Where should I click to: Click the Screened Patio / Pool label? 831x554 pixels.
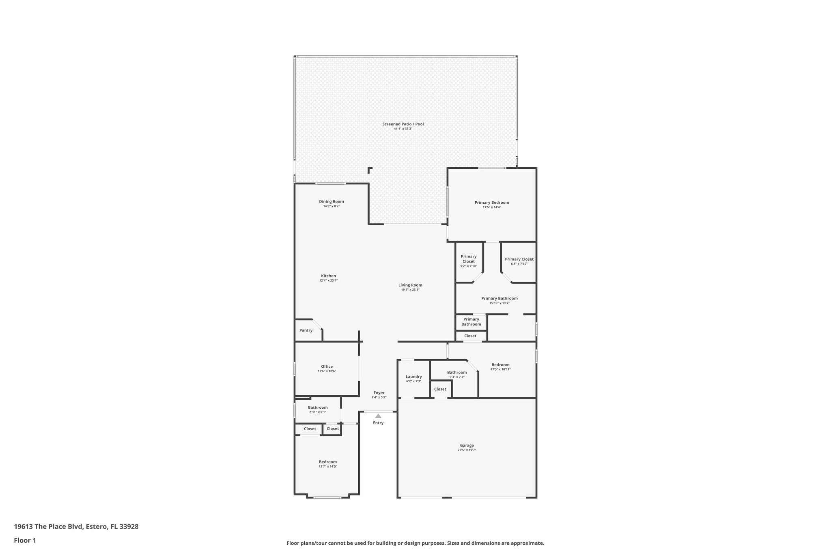point(403,124)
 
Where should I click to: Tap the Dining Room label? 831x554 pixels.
point(332,202)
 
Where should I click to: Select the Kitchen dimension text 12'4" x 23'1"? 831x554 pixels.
point(328,280)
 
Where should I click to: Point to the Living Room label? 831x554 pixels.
point(410,285)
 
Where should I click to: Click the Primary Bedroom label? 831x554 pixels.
point(492,203)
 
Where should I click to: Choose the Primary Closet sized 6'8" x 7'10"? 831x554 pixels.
point(519,259)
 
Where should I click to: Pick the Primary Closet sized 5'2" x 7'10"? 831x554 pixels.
point(469,259)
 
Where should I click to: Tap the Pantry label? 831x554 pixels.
point(306,330)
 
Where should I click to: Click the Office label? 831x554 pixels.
point(327,366)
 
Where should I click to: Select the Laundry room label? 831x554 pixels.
point(413,377)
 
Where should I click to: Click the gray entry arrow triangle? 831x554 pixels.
point(378,416)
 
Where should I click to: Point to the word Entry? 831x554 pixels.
point(378,423)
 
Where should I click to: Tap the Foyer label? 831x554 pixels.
point(379,393)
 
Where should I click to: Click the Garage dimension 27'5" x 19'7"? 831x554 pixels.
point(467,450)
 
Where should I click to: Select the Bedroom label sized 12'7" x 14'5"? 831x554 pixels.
point(328,462)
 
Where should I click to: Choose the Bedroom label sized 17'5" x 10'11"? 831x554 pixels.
point(500,365)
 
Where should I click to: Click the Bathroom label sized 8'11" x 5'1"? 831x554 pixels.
point(318,407)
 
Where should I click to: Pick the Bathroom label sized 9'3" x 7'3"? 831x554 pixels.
point(457,373)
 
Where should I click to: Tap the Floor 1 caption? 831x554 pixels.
point(25,541)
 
